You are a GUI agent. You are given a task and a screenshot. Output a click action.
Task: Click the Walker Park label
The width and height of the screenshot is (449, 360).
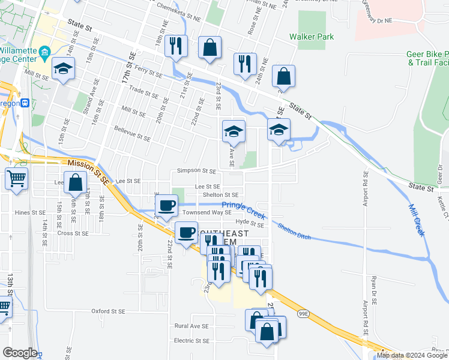(x=311, y=37)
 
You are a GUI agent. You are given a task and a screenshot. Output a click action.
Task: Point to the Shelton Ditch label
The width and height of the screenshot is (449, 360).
(x=294, y=231)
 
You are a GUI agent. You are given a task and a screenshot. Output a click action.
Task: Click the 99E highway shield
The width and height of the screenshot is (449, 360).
(x=301, y=313)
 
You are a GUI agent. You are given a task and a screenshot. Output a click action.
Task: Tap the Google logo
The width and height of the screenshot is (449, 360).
(x=20, y=353)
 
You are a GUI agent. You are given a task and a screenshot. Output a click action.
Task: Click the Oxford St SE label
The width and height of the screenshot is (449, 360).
(x=108, y=311)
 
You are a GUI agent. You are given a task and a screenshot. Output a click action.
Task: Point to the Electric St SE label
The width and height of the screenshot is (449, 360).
(x=191, y=340)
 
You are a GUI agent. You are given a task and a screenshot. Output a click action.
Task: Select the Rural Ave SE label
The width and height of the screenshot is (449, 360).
(x=191, y=326)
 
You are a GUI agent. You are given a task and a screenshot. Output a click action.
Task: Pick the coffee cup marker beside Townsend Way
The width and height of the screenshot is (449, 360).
(x=166, y=205)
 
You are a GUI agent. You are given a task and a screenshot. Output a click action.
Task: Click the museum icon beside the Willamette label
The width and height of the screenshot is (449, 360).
(x=44, y=54)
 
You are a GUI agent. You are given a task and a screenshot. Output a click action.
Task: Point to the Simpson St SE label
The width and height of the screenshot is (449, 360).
(x=196, y=171)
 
